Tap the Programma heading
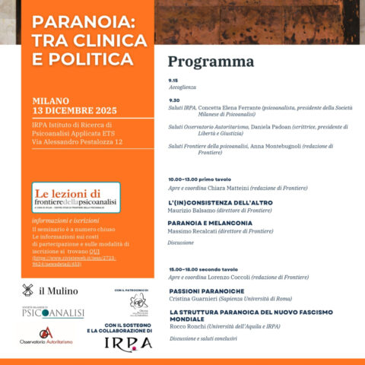point(211,62)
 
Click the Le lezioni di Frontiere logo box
point(76,198)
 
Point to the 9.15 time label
point(173,79)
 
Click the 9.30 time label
point(173,100)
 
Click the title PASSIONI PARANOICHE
point(204,290)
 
